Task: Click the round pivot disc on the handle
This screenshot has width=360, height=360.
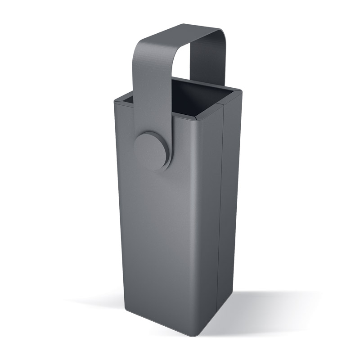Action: click(150, 150)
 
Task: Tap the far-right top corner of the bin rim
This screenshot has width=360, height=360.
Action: click(239, 92)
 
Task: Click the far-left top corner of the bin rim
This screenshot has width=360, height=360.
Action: click(116, 98)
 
